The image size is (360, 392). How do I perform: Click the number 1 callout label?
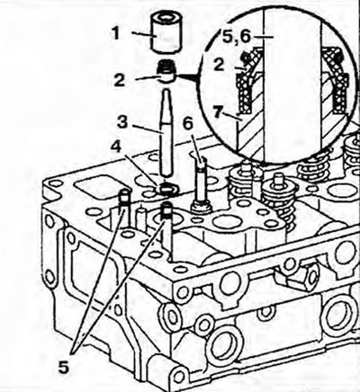(116, 33)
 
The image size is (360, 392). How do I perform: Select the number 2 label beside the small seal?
(120, 80)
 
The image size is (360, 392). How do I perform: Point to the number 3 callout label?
(122, 121)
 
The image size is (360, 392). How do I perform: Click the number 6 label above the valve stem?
(188, 123)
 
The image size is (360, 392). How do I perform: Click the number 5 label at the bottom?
(64, 367)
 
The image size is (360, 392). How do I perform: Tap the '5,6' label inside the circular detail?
(237, 36)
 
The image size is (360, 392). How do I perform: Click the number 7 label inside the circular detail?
(219, 111)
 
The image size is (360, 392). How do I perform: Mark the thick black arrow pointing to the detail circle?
(186, 77)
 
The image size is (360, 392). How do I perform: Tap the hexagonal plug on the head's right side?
(294, 282)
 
